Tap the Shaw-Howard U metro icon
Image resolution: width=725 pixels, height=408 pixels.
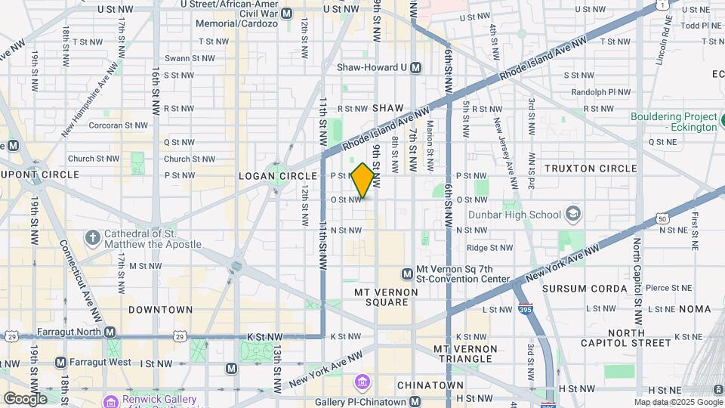click(415, 67)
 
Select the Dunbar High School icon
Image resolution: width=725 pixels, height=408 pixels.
click(573, 215)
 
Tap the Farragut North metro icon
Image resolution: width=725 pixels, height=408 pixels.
click(110, 332)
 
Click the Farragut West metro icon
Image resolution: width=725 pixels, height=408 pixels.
click(60, 363)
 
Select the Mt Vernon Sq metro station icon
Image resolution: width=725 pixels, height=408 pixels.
click(407, 273)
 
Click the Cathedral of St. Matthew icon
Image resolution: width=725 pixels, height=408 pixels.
click(92, 238)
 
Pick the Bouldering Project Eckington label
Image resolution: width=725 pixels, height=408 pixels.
click(674, 122)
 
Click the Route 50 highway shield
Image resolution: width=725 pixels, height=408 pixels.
click(662, 218)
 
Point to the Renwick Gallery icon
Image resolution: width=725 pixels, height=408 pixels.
click(110, 400)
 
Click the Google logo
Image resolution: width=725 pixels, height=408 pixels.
click(24, 398)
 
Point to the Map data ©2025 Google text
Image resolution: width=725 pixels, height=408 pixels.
click(677, 402)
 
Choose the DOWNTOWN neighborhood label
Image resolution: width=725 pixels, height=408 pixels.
click(160, 310)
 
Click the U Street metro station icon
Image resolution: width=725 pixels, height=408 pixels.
click(286, 14)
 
